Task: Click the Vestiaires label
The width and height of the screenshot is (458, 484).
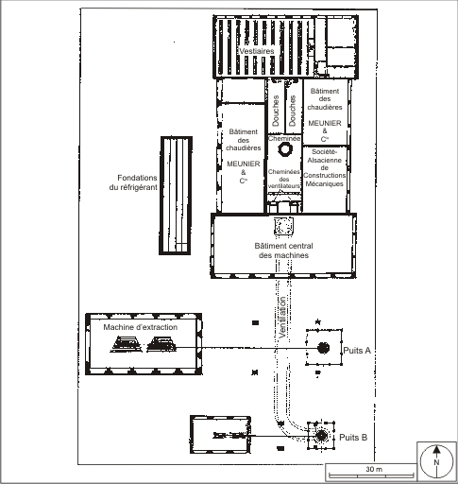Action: [x=257, y=51]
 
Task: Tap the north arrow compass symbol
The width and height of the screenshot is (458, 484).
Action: [x=436, y=462]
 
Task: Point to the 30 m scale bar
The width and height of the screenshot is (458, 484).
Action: [x=371, y=475]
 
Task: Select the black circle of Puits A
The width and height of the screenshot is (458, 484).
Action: [x=323, y=348]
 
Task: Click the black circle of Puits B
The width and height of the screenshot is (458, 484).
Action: [x=321, y=436]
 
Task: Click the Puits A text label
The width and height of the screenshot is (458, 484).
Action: [x=357, y=350]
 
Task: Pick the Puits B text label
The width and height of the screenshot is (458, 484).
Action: [x=353, y=438]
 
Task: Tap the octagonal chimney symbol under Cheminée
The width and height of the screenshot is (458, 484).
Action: [x=285, y=149]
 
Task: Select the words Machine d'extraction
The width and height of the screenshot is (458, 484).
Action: [x=141, y=327]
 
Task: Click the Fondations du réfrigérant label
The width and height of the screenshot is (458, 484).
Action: [x=134, y=182]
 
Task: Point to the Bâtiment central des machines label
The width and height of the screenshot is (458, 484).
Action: [x=283, y=251]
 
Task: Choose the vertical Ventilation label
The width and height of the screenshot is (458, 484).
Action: [x=282, y=318]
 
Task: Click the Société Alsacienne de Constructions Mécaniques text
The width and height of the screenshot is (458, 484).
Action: [x=325, y=167]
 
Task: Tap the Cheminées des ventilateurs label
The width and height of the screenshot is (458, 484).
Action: [x=284, y=179]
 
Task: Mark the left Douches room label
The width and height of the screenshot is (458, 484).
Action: [x=276, y=111]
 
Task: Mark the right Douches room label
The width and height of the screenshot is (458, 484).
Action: [x=293, y=111]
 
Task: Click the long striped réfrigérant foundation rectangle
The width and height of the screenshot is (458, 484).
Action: [x=176, y=196]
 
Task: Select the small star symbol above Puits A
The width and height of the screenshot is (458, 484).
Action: [x=318, y=321]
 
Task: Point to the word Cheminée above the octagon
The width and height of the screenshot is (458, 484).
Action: [x=284, y=138]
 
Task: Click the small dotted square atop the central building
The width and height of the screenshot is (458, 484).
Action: [x=283, y=226]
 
